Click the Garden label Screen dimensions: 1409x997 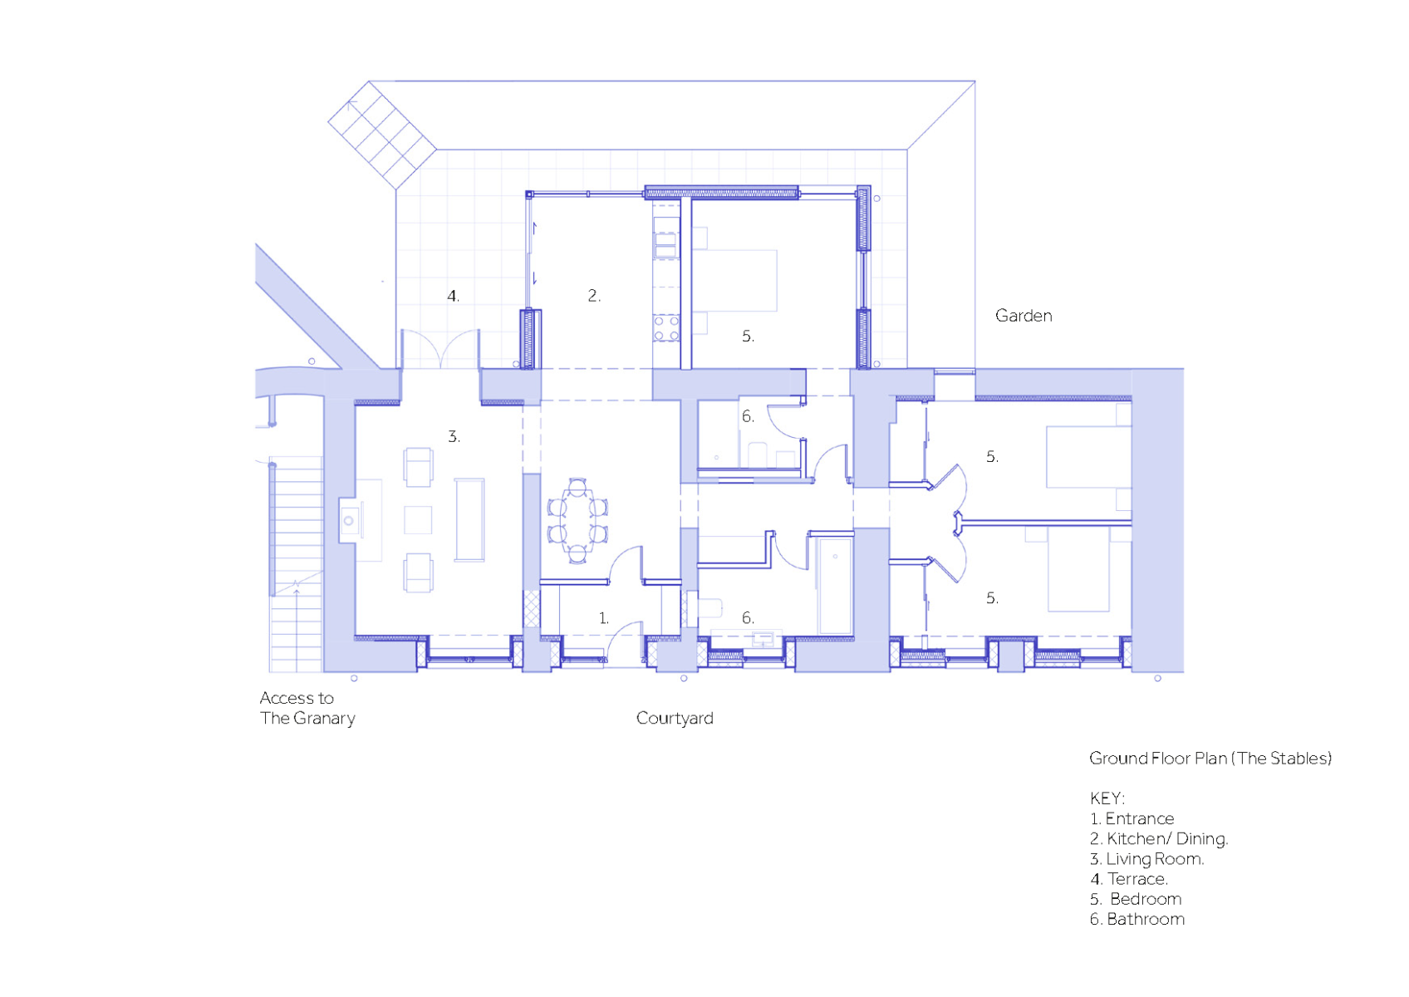pos(1024,316)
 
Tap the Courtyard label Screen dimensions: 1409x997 pos(675,719)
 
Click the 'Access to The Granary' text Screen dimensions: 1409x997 pos(307,708)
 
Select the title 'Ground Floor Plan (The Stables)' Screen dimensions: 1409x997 pos(1210,759)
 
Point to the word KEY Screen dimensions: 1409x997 pos(1107,799)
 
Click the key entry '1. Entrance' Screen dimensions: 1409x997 pos(1132,819)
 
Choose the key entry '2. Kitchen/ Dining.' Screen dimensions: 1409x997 pos(1159,839)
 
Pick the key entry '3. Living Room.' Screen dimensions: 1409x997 pos(1146,859)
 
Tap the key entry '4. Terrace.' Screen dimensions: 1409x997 pos(1128,879)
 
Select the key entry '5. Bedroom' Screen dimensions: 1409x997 pos(1136,900)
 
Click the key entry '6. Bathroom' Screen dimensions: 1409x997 pos(1137,920)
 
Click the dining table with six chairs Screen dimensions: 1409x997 pos(577,520)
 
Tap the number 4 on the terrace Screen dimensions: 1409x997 pos(453,296)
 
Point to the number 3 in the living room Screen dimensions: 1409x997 pos(454,436)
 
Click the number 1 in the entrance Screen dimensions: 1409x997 pos(603,618)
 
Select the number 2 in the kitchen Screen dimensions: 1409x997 pos(594,296)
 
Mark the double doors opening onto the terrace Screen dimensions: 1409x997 pos(440,349)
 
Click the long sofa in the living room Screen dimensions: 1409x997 pos(469,519)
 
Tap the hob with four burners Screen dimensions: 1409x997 pos(666,328)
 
